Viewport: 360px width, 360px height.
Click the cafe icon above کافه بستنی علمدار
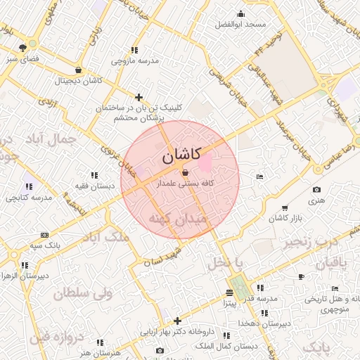click(185, 172)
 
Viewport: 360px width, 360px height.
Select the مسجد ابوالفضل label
click(240, 25)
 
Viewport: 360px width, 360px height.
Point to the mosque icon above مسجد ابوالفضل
click(241, 14)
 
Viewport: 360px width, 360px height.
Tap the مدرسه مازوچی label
click(134, 60)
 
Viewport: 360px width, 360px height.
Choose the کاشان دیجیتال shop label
click(78, 81)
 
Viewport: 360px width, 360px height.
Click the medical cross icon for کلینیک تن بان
click(139, 97)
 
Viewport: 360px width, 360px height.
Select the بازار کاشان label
click(285, 219)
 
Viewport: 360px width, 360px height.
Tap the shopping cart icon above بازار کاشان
click(284, 208)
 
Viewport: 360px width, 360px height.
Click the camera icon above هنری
click(316, 190)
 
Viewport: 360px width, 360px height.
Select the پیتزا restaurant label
click(230, 304)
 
